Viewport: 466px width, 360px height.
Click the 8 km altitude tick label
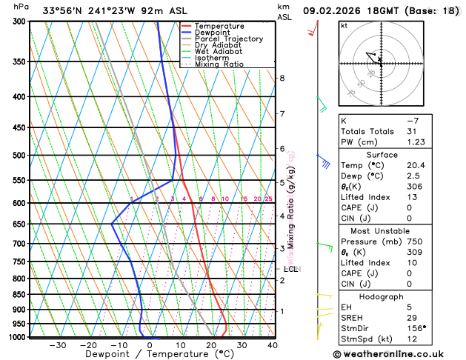pyautogui.click(x=282, y=79)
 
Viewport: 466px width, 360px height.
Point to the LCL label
pyautogui.click(x=290, y=269)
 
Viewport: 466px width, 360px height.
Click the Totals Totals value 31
pyautogui.click(x=412, y=131)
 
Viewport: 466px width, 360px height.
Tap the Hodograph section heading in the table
pyautogui.click(x=397, y=296)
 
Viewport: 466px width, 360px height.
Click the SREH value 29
pyautogui.click(x=412, y=317)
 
